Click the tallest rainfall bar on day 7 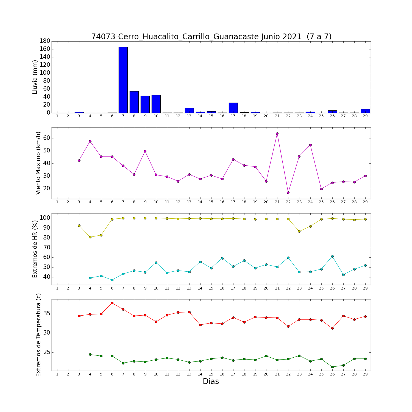click(123, 80)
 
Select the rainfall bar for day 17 click(233, 108)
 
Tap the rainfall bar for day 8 click(134, 102)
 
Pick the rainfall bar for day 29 click(365, 111)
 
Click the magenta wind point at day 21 click(277, 134)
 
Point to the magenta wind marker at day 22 click(288, 193)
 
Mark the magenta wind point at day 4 click(90, 141)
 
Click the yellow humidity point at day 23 click(299, 231)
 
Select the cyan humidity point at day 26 click(332, 256)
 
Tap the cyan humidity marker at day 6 click(112, 280)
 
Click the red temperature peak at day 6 click(112, 303)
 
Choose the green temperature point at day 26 click(332, 367)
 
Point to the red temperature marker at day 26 click(332, 328)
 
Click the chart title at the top click(211, 37)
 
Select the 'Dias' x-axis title click(211, 382)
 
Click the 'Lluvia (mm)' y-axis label click(35, 77)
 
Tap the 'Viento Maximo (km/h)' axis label click(38, 163)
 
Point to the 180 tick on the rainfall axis click(45, 41)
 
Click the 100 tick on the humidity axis click(45, 218)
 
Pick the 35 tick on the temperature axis click(47, 314)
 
